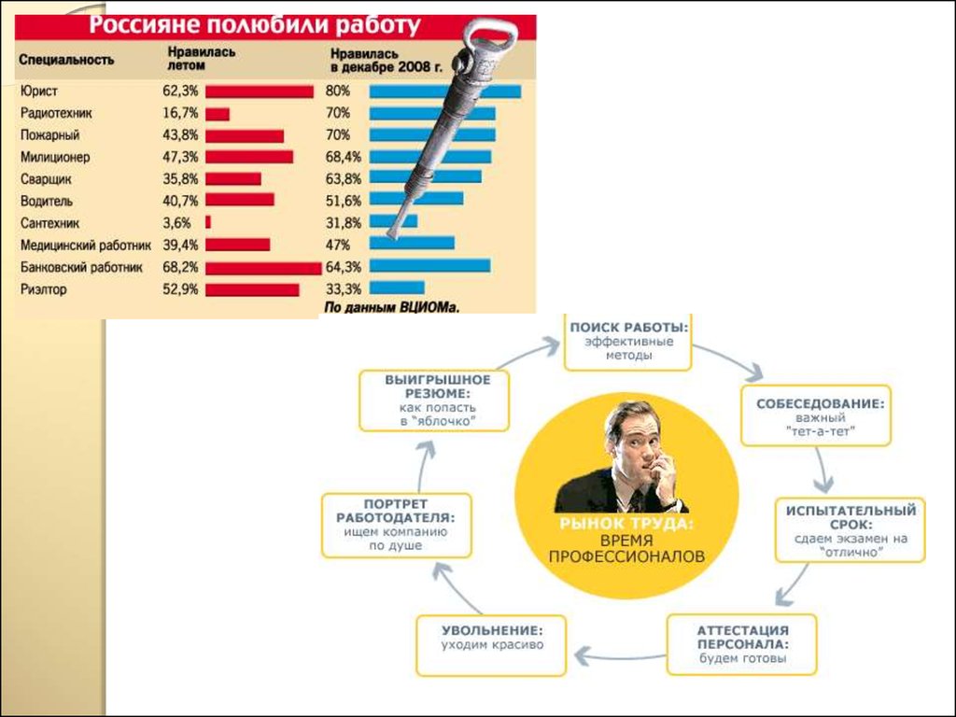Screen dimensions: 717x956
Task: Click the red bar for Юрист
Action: click(259, 91)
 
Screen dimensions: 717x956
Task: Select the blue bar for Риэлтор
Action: click(397, 288)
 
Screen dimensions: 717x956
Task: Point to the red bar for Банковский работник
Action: click(263, 268)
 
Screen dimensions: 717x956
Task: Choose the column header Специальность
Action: click(66, 60)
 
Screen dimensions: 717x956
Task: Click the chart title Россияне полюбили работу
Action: click(254, 25)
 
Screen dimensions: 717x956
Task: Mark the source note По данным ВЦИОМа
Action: click(392, 306)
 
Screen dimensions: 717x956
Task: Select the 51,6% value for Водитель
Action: click(342, 201)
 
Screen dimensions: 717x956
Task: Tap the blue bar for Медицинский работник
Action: click(412, 245)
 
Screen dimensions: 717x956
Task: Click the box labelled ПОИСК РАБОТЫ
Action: click(627, 341)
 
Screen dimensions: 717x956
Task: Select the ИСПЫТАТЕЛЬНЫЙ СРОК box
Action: click(850, 530)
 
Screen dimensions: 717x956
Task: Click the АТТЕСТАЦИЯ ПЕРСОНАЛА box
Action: click(742, 644)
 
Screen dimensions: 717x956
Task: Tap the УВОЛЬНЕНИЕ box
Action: click(491, 644)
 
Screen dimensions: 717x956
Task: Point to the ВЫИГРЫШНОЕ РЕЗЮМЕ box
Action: click(436, 400)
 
